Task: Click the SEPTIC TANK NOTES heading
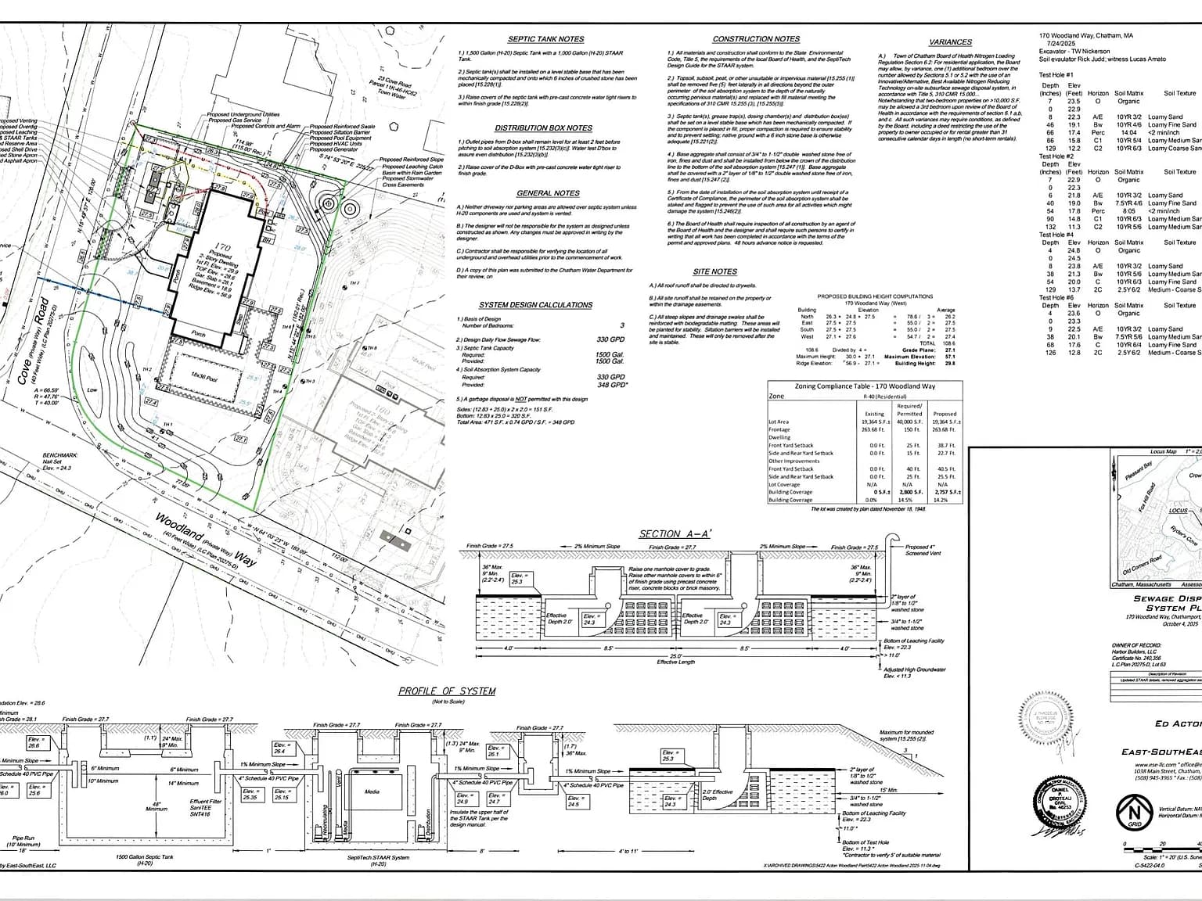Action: tap(545, 39)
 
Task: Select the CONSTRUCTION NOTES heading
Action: tap(756, 39)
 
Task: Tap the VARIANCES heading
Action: tap(951, 42)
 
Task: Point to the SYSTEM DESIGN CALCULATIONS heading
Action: tap(535, 305)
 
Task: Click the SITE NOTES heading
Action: tap(714, 271)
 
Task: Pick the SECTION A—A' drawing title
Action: tap(675, 534)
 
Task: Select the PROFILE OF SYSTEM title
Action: tap(447, 691)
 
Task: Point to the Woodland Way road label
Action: tap(204, 540)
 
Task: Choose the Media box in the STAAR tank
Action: tap(372, 792)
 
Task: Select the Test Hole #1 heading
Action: tap(1056, 74)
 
